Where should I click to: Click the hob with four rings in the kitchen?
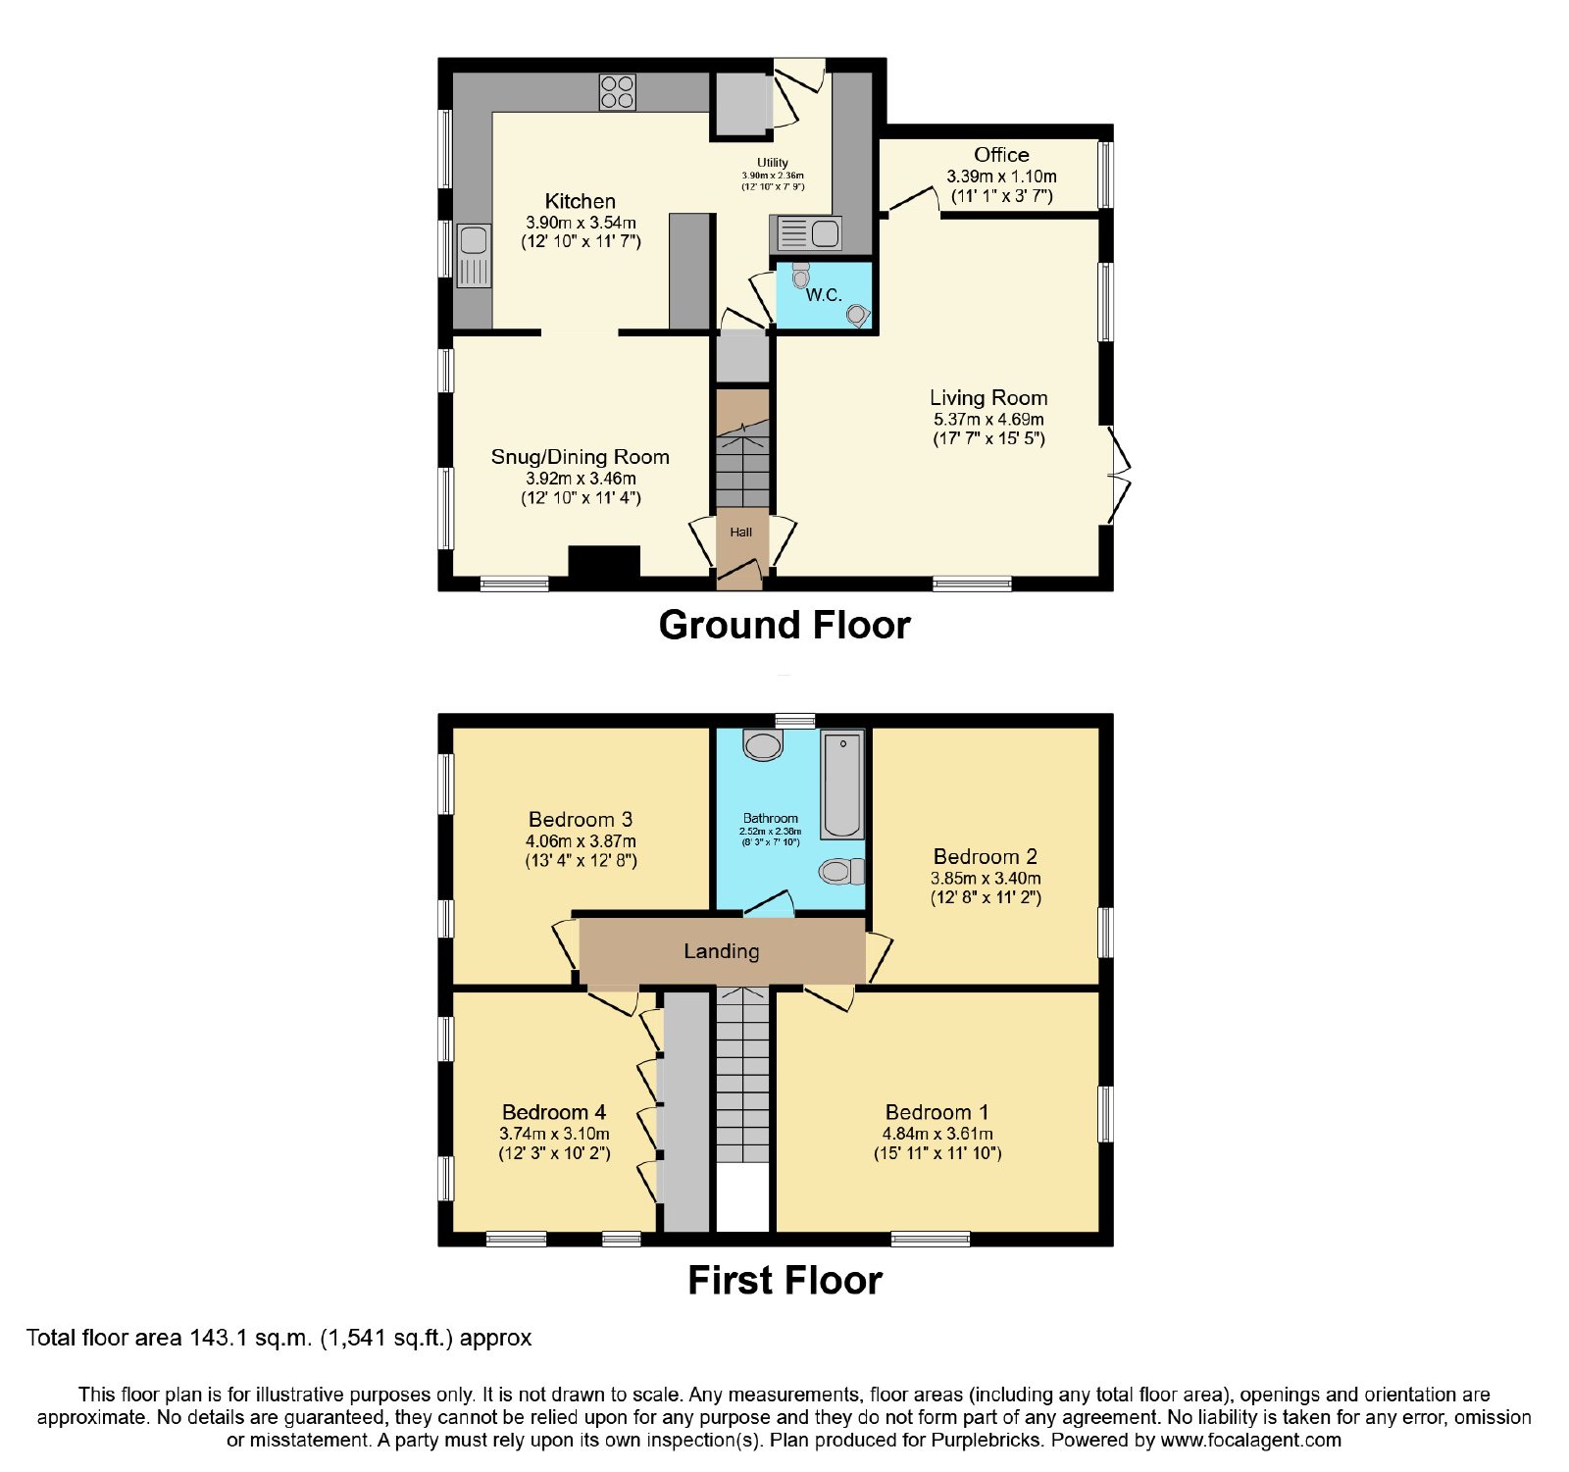(x=617, y=92)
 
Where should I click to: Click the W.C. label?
(x=824, y=294)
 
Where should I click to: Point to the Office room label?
(x=1001, y=155)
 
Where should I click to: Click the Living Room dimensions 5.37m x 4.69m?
(x=988, y=420)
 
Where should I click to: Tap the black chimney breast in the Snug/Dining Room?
(x=604, y=562)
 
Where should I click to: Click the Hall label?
(x=740, y=533)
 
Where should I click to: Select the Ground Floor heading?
(x=784, y=625)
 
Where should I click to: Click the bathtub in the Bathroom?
(x=842, y=785)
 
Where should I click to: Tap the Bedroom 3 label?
(x=581, y=819)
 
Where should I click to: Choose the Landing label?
(x=722, y=951)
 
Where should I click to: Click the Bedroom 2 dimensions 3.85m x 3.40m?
(x=986, y=879)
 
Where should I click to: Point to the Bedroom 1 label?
(x=936, y=1112)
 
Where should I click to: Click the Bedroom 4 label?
(x=554, y=1112)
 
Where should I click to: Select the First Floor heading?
(x=784, y=1280)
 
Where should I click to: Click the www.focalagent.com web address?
(x=1251, y=1441)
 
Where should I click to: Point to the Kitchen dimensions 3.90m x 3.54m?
(x=581, y=224)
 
